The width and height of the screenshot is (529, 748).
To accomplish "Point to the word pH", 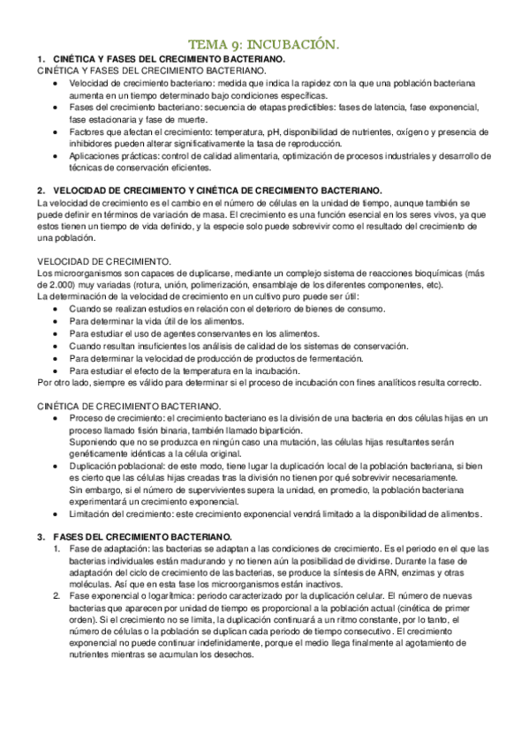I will pos(286,131).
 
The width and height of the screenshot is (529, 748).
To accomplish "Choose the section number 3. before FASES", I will pos(40,536).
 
